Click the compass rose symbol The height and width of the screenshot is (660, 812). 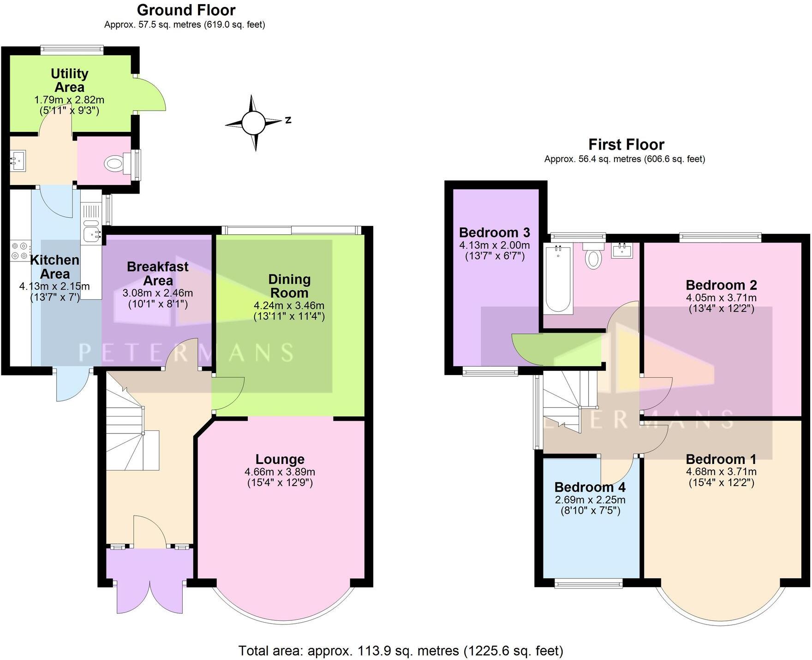253,123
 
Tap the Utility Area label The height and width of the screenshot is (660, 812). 70,80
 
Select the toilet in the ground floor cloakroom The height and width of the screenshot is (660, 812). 114,163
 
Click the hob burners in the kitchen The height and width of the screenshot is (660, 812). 19,250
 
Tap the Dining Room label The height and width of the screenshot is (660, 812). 289,286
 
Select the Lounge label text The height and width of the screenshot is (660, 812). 280,459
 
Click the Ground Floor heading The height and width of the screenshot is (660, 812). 186,10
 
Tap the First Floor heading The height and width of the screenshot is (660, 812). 626,144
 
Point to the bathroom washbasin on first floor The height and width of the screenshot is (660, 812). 622,250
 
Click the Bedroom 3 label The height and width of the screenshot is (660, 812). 495,232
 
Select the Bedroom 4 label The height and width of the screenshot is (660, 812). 590,487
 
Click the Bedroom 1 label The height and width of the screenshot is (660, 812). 721,459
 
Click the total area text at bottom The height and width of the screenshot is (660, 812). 400,650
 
